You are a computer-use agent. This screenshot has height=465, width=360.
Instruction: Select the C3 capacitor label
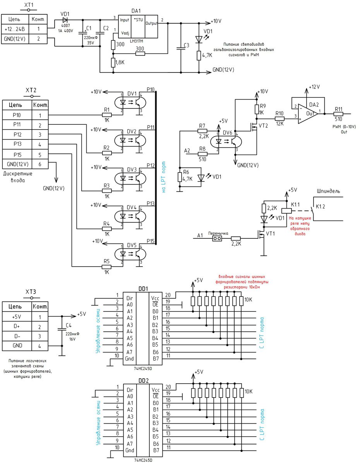187,45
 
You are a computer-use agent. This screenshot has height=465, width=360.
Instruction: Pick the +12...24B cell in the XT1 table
15,29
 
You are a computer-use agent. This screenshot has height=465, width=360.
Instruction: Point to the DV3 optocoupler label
132,169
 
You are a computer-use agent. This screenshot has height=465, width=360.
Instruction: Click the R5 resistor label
106,261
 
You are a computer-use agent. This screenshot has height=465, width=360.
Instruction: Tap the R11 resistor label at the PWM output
338,109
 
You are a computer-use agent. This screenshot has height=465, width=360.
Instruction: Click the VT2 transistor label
264,126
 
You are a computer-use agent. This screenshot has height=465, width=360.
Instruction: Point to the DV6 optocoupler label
228,133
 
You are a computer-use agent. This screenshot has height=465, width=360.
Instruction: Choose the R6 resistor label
186,172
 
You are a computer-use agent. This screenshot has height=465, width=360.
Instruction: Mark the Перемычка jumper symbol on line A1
217,239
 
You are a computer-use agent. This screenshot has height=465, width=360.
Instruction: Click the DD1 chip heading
144,289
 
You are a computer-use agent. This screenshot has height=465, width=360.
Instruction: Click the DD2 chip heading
144,380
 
